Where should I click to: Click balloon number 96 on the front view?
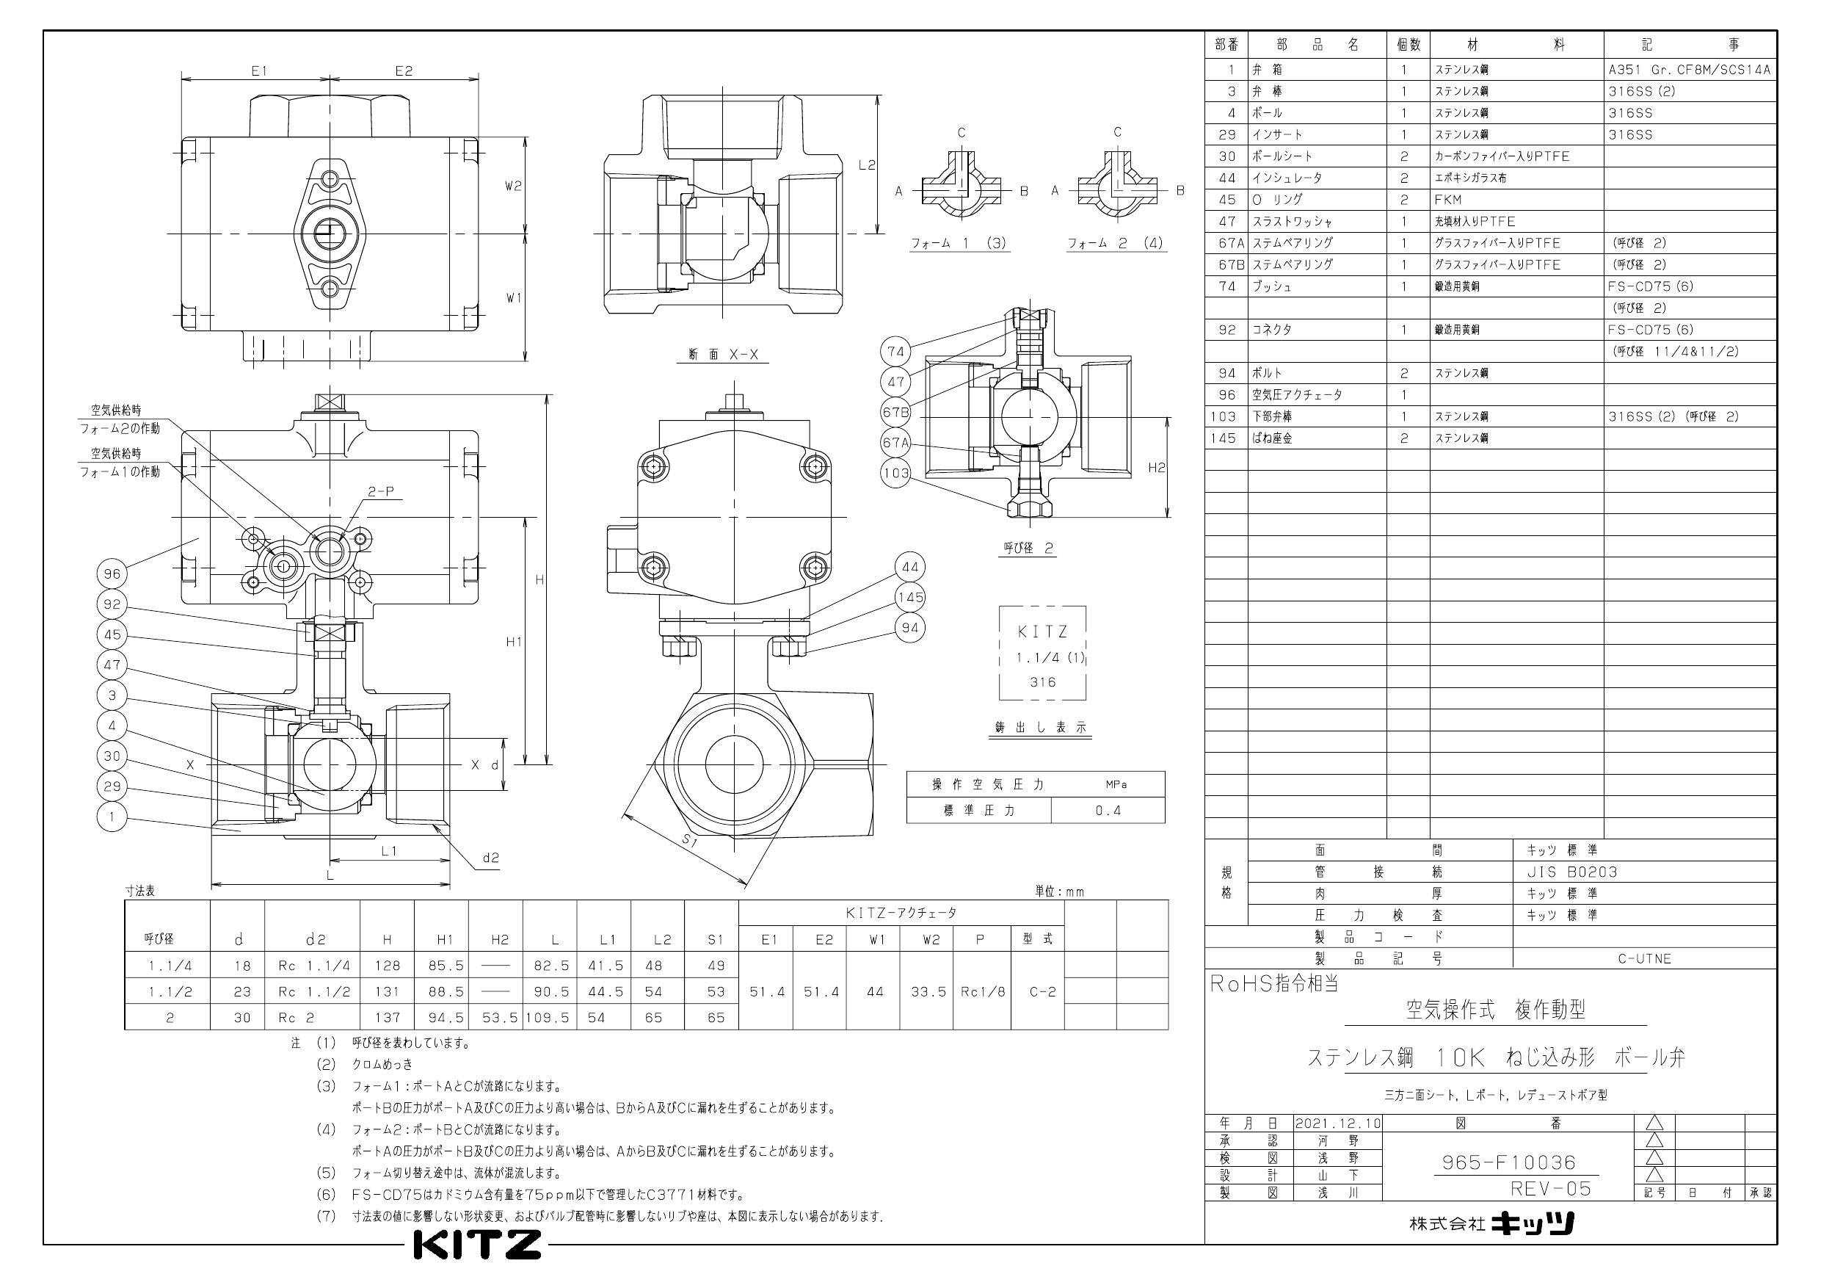[x=112, y=574]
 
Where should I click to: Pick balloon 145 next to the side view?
[x=909, y=597]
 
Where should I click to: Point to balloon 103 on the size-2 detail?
[x=895, y=474]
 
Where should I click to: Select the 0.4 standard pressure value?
[x=1108, y=810]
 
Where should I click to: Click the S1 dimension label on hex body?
[x=689, y=843]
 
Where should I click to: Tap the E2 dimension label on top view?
[x=404, y=70]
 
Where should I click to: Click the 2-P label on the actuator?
[x=381, y=492]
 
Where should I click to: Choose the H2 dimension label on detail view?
[x=1157, y=468]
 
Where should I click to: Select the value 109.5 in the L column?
[x=548, y=1017]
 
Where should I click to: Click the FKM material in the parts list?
[x=1447, y=199]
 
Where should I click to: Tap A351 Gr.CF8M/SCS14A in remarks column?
[x=1690, y=70]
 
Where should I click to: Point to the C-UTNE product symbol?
[x=1644, y=959]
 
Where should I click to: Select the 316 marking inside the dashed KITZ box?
[x=1043, y=681]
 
